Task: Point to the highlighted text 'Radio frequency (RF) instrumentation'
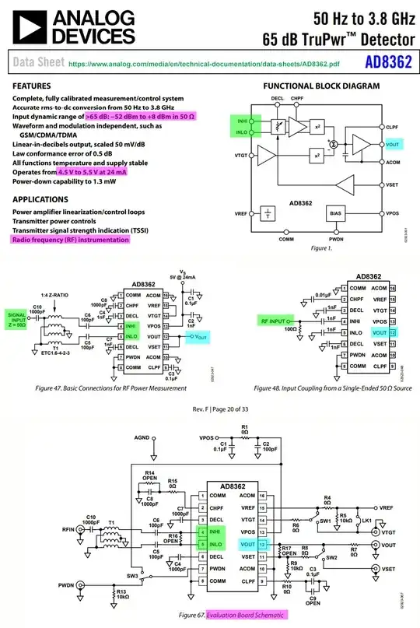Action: [x=70, y=240]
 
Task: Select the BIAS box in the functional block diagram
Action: [x=335, y=212]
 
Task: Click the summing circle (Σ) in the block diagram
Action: [x=333, y=143]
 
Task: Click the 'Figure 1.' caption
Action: [x=321, y=247]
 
